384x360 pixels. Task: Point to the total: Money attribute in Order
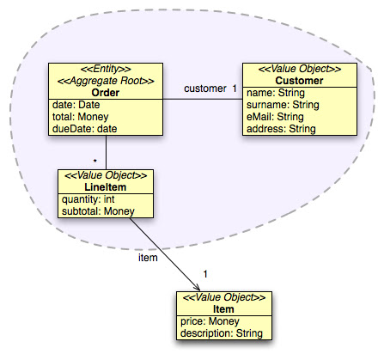tap(82, 116)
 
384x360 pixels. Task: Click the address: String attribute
tap(282, 128)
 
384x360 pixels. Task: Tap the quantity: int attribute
tap(87, 199)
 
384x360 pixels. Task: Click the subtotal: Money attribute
tap(94, 211)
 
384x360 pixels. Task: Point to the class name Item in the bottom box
tap(222, 308)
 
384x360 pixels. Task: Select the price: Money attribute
tap(210, 320)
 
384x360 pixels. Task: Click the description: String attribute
tap(222, 333)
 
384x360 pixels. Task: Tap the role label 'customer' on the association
tap(204, 88)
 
